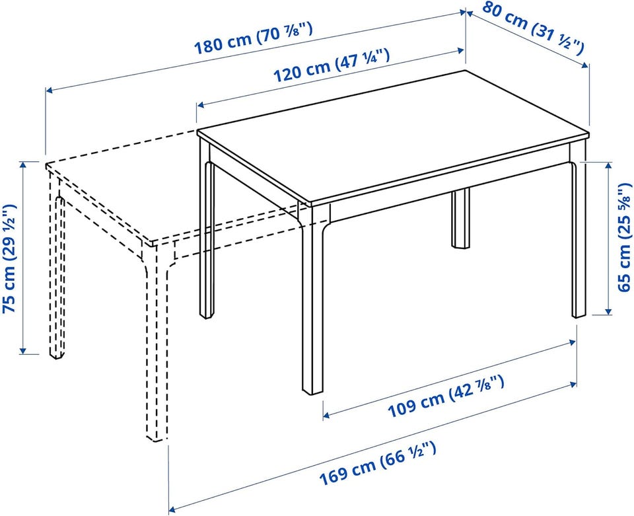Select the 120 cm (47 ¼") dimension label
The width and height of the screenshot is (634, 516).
[x=332, y=65]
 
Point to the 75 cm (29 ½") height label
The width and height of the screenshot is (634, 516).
[x=10, y=258]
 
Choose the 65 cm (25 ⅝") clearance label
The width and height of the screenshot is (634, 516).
[x=625, y=237]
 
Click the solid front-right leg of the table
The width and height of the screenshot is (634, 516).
[x=313, y=299]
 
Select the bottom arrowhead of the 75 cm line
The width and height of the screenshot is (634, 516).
[x=23, y=350]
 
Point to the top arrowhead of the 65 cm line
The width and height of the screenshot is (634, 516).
[x=608, y=166]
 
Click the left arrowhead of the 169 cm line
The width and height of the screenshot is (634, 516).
[x=173, y=508]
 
